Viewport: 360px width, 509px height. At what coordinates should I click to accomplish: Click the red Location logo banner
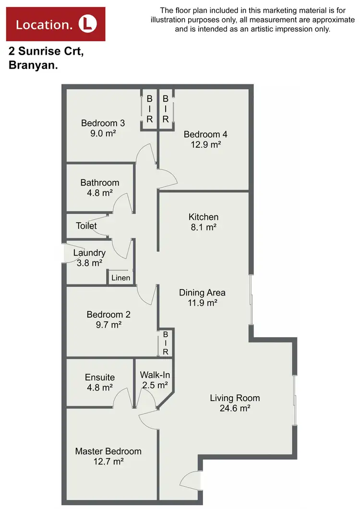[55, 24]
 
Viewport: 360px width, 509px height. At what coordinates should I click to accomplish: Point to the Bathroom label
[100, 183]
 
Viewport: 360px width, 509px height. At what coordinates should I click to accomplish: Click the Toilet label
[86, 225]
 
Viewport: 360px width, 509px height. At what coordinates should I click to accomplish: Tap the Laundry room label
[89, 253]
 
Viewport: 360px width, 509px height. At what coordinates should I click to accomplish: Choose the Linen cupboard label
[120, 278]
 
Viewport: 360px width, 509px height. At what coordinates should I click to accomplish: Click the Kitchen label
[204, 217]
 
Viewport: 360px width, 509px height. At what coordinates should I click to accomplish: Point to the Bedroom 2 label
[108, 315]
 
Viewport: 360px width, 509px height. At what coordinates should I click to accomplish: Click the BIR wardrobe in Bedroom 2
[166, 343]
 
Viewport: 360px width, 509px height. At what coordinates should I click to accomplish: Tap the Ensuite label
[100, 377]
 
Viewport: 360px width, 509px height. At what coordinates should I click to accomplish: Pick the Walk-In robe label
[154, 375]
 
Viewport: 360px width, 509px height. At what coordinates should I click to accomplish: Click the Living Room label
[235, 398]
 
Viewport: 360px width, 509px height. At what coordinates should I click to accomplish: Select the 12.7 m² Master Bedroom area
[108, 462]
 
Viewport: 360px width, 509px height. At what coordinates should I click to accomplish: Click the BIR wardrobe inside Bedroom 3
[149, 108]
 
